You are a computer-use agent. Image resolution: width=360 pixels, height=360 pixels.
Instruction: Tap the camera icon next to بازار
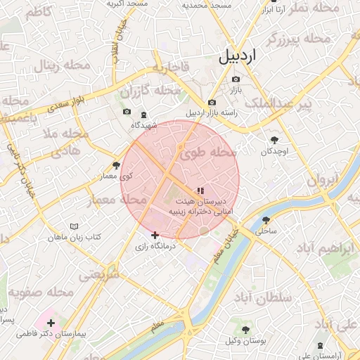(236, 79)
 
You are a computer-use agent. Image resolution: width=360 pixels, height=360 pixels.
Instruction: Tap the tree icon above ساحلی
(266, 219)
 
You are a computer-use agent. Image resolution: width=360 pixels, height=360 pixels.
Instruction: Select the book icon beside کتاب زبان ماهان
(74, 226)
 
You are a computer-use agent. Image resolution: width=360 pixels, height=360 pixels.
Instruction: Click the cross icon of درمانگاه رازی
(155, 235)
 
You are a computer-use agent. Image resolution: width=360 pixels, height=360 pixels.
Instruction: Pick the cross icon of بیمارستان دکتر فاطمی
(51, 323)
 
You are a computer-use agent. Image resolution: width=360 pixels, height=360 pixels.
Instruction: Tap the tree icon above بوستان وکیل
(245, 330)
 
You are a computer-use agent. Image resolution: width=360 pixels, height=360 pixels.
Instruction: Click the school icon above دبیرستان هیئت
(200, 190)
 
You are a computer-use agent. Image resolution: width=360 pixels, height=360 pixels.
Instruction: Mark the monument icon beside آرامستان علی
(321, 345)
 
